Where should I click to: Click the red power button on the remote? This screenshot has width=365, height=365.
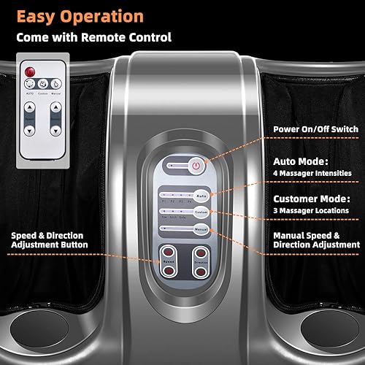point(30,72)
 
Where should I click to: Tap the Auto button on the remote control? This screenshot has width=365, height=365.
point(30,85)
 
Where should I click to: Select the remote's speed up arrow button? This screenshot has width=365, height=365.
point(30,107)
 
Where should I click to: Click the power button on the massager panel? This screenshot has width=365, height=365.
point(196,166)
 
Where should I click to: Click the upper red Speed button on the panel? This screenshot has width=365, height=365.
point(169,258)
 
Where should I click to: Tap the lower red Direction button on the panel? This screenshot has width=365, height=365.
point(198,272)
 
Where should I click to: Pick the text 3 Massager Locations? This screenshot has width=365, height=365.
point(308,209)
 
